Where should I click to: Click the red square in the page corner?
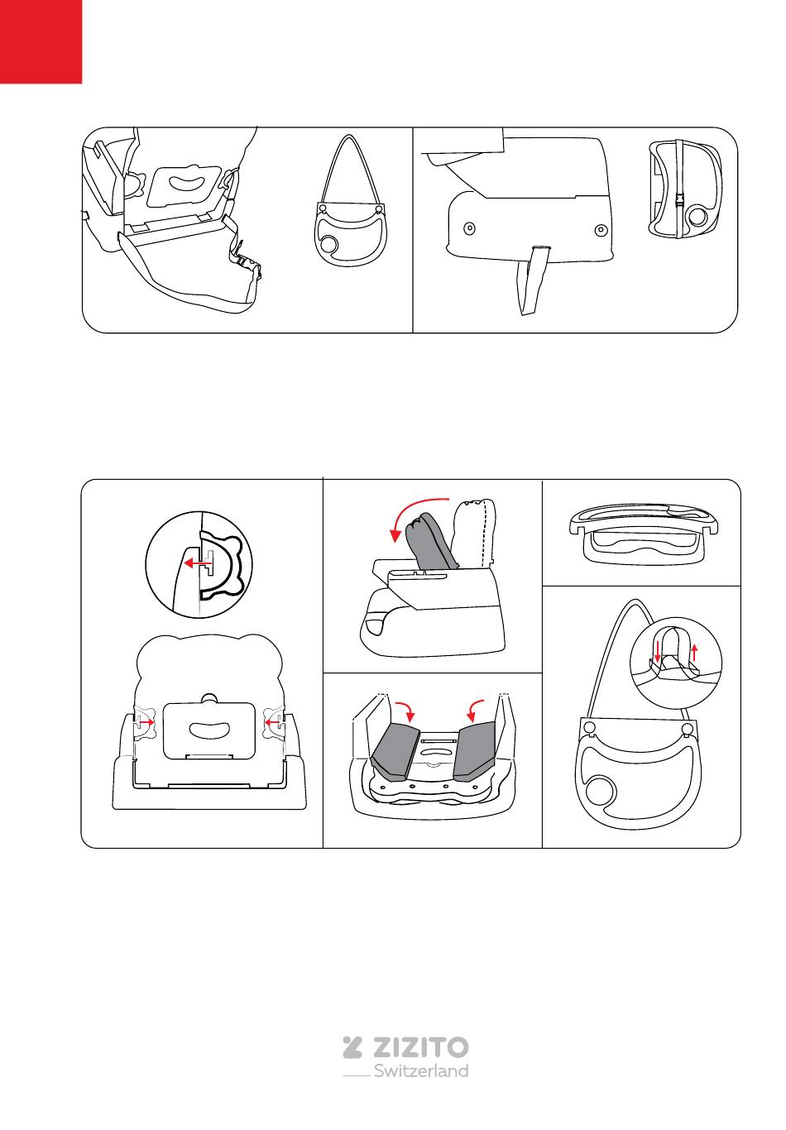point(41,41)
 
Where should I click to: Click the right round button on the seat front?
point(601,230)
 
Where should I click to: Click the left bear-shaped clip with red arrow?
point(144,722)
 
